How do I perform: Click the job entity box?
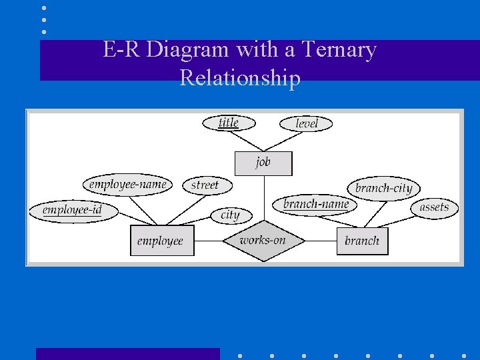[x=263, y=163]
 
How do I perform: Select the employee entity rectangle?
[x=161, y=241]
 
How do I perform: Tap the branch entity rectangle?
[x=362, y=241]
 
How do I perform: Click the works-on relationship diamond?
[x=263, y=241]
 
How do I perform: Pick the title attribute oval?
[x=228, y=123]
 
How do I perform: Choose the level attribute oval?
[x=306, y=123]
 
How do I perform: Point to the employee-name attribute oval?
[x=127, y=184]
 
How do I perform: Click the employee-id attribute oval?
[x=73, y=211]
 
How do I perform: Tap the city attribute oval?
[x=230, y=215]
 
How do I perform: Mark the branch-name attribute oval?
[x=315, y=204]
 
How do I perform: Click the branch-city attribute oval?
[x=383, y=188]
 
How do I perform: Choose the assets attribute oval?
[x=434, y=207]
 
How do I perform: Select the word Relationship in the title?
[x=240, y=79]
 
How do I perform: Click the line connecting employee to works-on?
[x=208, y=241]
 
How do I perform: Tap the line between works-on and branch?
[x=321, y=241]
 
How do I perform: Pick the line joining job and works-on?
[x=263, y=197]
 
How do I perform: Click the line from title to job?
[x=247, y=141]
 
